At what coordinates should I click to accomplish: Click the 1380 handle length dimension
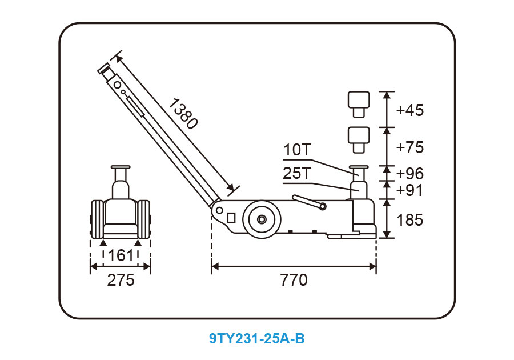[183, 114]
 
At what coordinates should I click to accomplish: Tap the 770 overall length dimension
[294, 280]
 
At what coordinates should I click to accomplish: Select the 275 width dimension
[121, 280]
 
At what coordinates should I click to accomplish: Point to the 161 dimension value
[121, 255]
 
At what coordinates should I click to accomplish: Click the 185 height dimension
[409, 219]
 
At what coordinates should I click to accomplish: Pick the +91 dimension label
[409, 190]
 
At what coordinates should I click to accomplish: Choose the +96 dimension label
[409, 174]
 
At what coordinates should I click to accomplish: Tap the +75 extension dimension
[409, 147]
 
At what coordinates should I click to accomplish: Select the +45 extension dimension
[409, 110]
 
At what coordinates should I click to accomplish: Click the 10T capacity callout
[296, 150]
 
